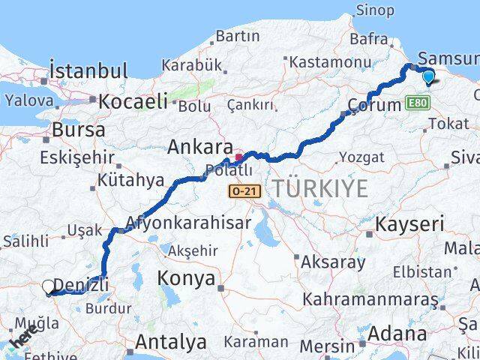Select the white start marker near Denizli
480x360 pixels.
(x=49, y=286)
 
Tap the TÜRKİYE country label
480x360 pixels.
(x=320, y=189)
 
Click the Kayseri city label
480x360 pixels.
(x=409, y=223)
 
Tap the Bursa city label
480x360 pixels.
(x=78, y=130)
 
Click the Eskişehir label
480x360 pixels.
(x=77, y=158)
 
